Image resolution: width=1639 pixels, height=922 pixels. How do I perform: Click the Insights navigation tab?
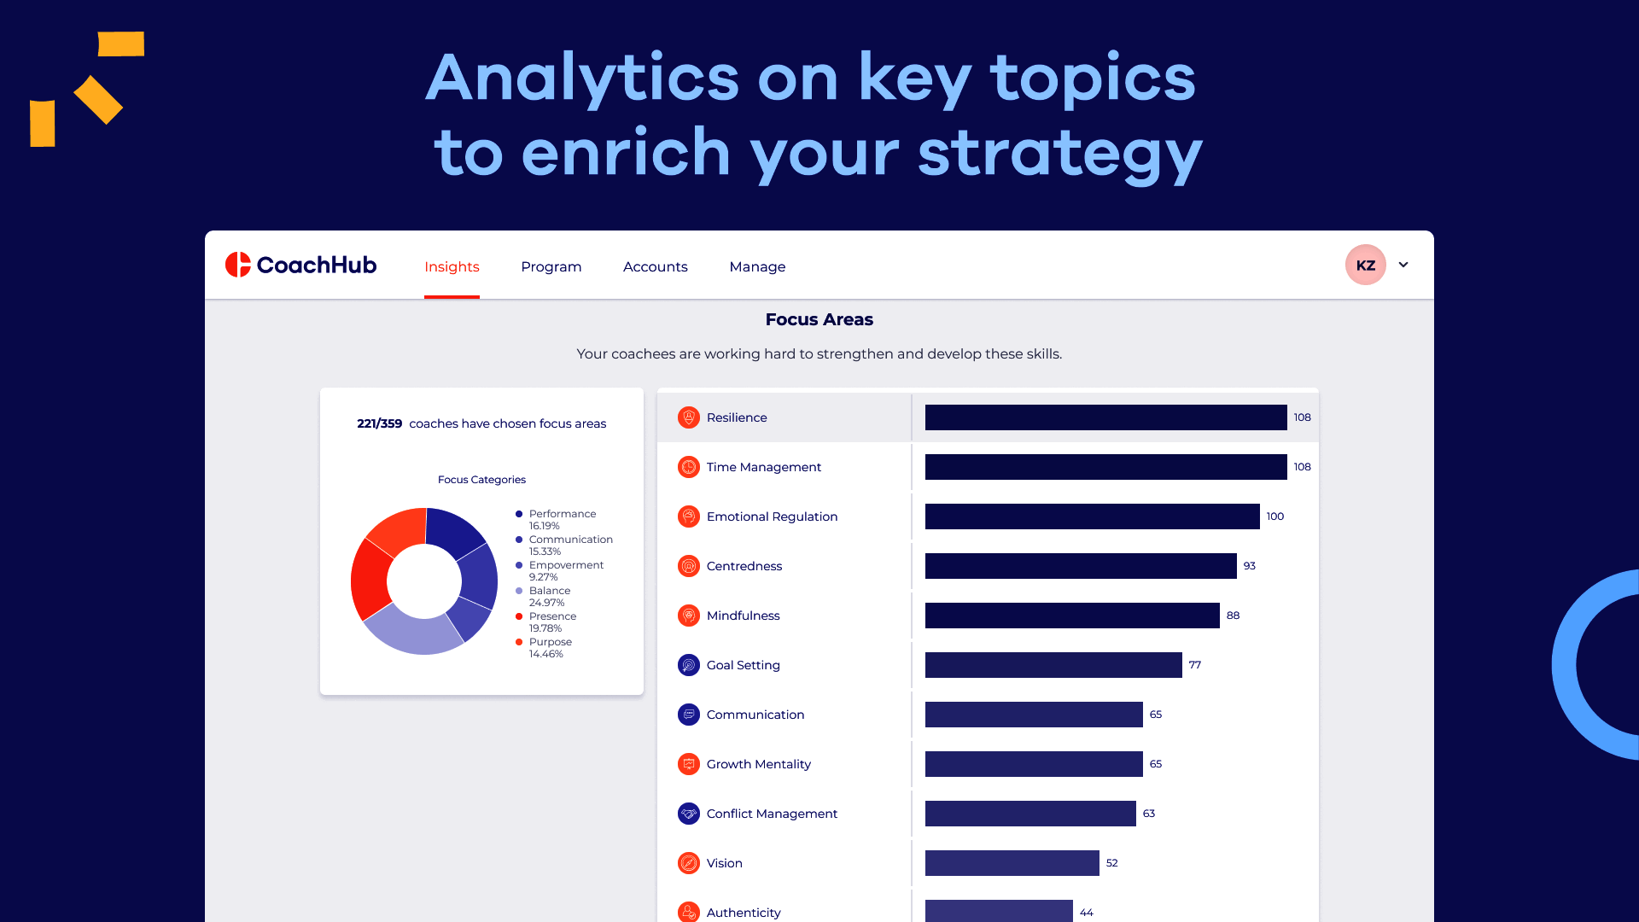click(x=452, y=266)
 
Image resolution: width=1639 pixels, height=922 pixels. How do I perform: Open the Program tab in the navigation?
click(x=551, y=266)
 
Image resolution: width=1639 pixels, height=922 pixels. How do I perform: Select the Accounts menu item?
click(x=655, y=266)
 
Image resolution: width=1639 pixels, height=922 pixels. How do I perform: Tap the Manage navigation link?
click(x=757, y=266)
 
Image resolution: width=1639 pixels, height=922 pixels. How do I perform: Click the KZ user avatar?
click(x=1365, y=265)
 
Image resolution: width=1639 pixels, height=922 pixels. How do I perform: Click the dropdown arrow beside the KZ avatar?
click(x=1403, y=265)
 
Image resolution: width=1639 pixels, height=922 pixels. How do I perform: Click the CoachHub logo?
click(x=300, y=265)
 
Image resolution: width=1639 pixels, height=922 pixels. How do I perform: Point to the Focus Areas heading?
click(x=819, y=319)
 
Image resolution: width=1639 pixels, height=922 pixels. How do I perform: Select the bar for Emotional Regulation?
click(x=1092, y=516)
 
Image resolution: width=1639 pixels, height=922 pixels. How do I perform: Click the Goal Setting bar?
click(x=1053, y=665)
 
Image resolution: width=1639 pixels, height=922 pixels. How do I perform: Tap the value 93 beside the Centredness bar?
click(x=1250, y=566)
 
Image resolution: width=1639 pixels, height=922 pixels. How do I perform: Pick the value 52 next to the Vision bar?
click(x=1111, y=863)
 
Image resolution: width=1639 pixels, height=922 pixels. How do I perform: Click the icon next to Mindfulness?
click(x=689, y=616)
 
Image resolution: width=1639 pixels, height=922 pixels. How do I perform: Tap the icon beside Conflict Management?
click(x=689, y=814)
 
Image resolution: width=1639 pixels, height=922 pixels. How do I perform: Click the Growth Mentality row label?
click(x=758, y=764)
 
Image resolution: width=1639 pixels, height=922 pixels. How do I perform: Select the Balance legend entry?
click(x=549, y=591)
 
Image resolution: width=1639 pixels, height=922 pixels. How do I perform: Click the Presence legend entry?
click(x=552, y=616)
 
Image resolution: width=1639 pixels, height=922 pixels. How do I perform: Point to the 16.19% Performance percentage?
click(x=544, y=526)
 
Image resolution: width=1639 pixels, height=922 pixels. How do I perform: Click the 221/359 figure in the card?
click(x=379, y=423)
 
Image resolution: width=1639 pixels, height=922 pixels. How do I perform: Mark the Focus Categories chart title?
click(x=481, y=480)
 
